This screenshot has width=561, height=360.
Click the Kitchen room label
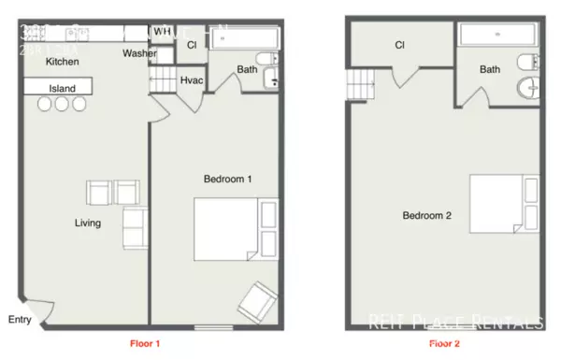(x=63, y=62)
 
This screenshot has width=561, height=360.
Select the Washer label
(x=138, y=53)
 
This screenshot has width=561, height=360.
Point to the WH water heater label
(x=163, y=31)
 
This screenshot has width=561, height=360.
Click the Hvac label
(x=191, y=81)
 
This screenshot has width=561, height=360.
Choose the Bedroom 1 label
(x=228, y=179)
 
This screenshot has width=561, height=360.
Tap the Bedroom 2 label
(x=426, y=216)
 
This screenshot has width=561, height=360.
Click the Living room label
(x=88, y=223)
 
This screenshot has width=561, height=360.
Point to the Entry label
(x=19, y=320)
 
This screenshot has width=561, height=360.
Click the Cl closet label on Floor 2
(x=399, y=45)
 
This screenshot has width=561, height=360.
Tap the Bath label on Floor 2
(x=490, y=69)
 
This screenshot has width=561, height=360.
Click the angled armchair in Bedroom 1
(x=255, y=301)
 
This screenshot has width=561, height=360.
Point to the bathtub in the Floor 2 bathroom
(x=496, y=36)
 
